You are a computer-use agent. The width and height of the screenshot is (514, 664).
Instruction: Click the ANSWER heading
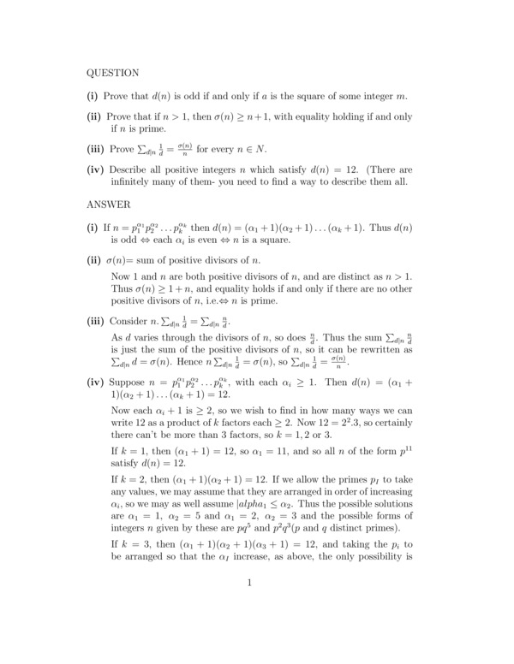point(109,206)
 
